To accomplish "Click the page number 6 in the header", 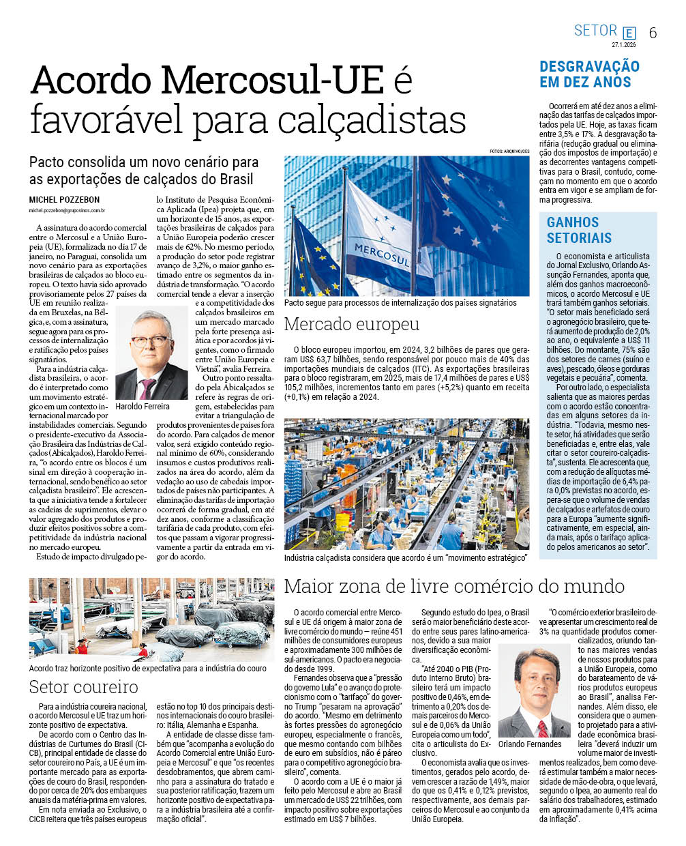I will coord(653,33).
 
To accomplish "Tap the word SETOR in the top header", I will coord(595,31).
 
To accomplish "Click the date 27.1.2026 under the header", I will coord(623,45).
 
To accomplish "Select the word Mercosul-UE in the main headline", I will coord(273,81).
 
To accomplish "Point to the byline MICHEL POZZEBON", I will coord(64,200).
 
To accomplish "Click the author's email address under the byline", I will coord(67,211).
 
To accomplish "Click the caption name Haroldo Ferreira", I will coord(143,407).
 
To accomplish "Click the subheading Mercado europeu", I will coord(351,324).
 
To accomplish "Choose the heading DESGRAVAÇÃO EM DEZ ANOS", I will coord(589,74).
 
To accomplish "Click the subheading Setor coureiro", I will coord(83,687).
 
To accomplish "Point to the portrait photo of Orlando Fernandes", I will coord(533,692).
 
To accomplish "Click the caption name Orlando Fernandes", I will coord(530,744).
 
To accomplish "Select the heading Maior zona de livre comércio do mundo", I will coord(454,586).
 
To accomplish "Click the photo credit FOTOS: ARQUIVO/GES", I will coord(509,151).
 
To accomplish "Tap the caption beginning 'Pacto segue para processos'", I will coord(400,302).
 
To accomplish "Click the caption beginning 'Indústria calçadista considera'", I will coord(406,557).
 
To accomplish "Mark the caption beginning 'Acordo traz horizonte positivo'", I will coord(147,669).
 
